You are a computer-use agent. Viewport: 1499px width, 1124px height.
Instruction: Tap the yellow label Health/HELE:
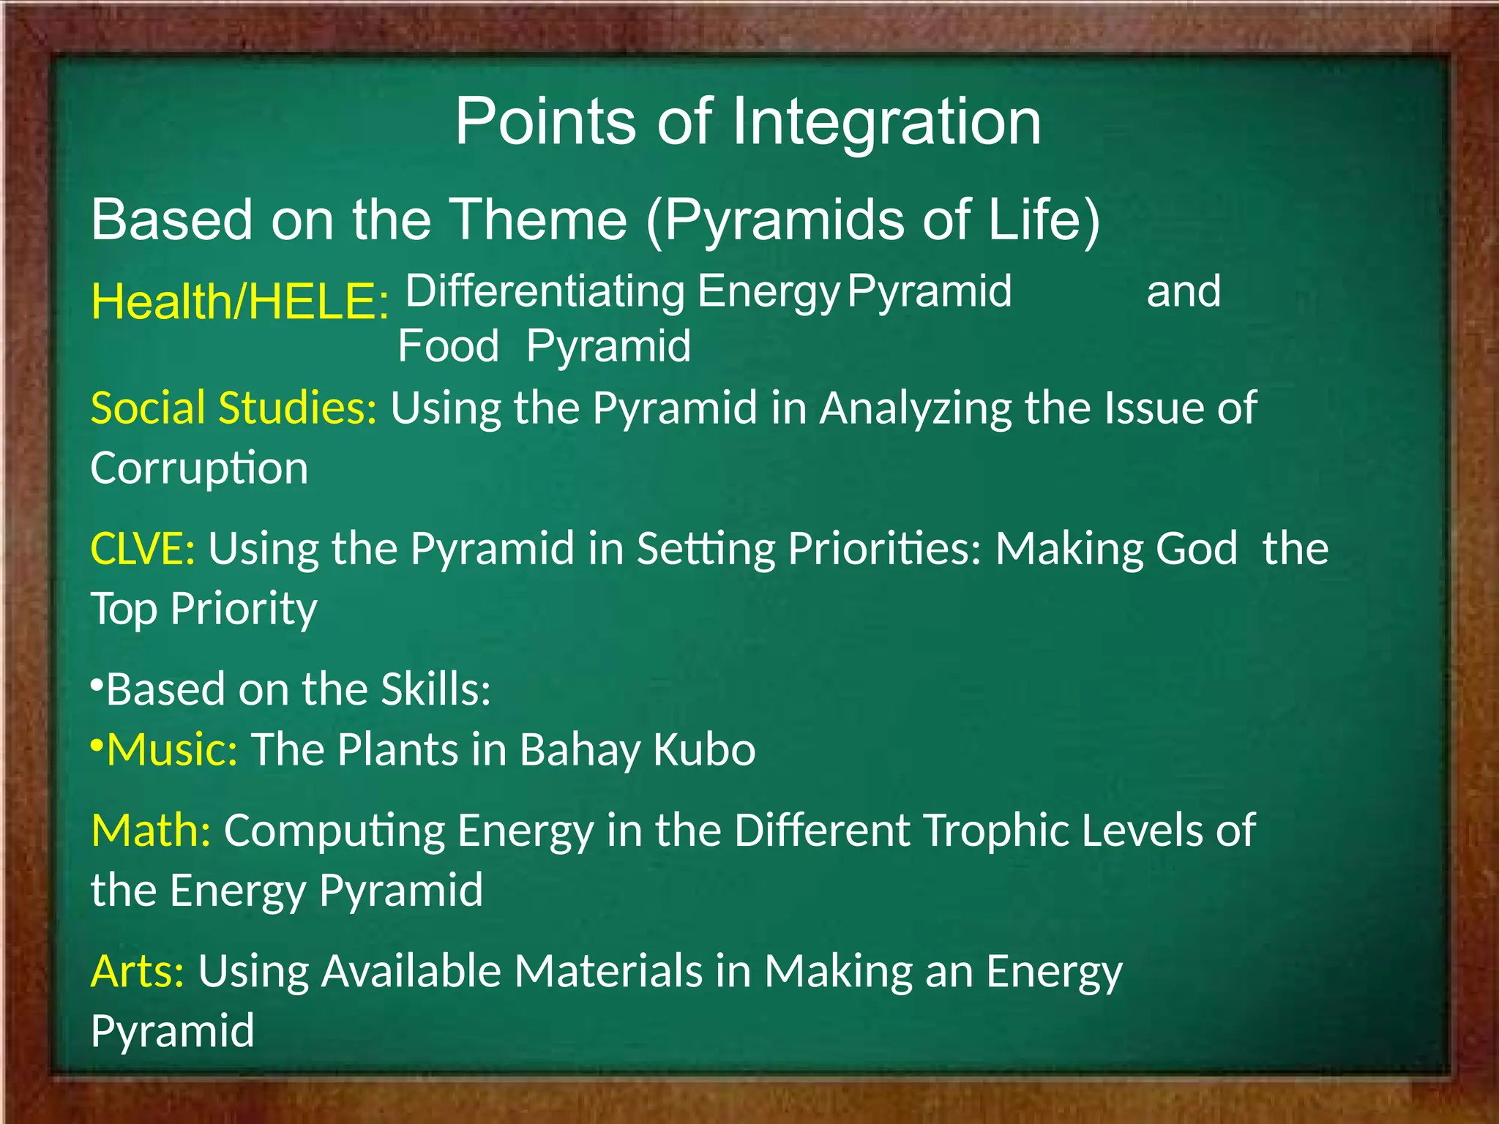tap(239, 301)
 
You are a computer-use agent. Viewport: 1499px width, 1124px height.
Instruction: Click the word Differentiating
tap(545, 291)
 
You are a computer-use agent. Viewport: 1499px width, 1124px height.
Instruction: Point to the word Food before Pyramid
tap(448, 346)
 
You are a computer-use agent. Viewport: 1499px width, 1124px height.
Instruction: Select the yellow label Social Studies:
tap(233, 408)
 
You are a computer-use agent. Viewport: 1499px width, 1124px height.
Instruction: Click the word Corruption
tap(199, 468)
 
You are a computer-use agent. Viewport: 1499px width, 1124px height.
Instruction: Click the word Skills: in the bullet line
tap(435, 689)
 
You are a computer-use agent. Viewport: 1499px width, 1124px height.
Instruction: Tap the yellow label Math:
tap(151, 831)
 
